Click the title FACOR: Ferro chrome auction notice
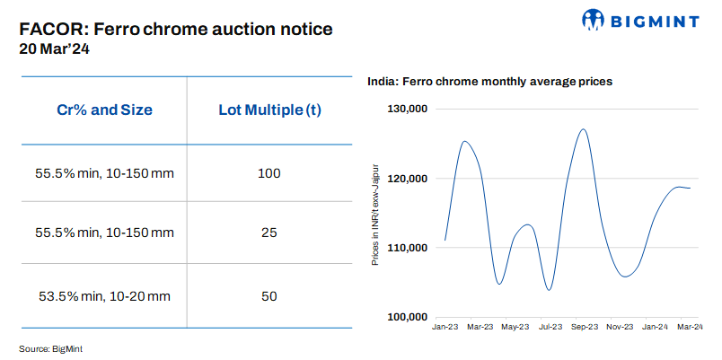[176, 29]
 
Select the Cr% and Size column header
[104, 110]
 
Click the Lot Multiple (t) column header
[269, 110]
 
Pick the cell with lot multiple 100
[269, 172]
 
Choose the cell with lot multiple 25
[269, 233]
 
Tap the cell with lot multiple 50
[269, 295]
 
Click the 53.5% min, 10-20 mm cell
[104, 295]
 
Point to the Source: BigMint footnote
[57, 347]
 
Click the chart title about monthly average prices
[489, 81]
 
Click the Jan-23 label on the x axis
[445, 328]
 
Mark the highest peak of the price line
[584, 129]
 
